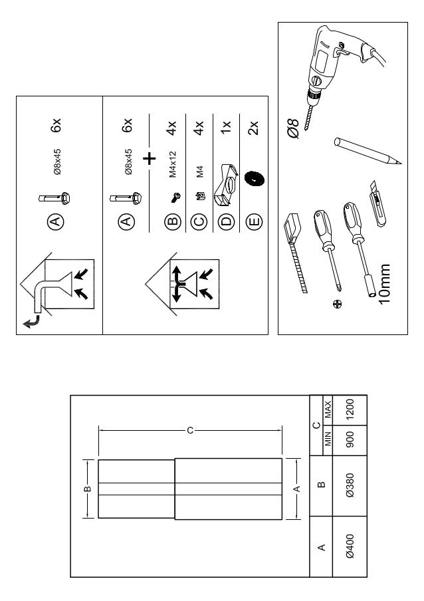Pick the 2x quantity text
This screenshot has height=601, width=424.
pyautogui.click(x=253, y=126)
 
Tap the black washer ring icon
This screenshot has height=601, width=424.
pyautogui.click(x=253, y=179)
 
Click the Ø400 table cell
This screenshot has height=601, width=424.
pyautogui.click(x=350, y=546)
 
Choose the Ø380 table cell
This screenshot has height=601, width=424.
pyautogui.click(x=350, y=486)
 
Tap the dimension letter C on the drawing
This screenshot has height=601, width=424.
pyautogui.click(x=189, y=431)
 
